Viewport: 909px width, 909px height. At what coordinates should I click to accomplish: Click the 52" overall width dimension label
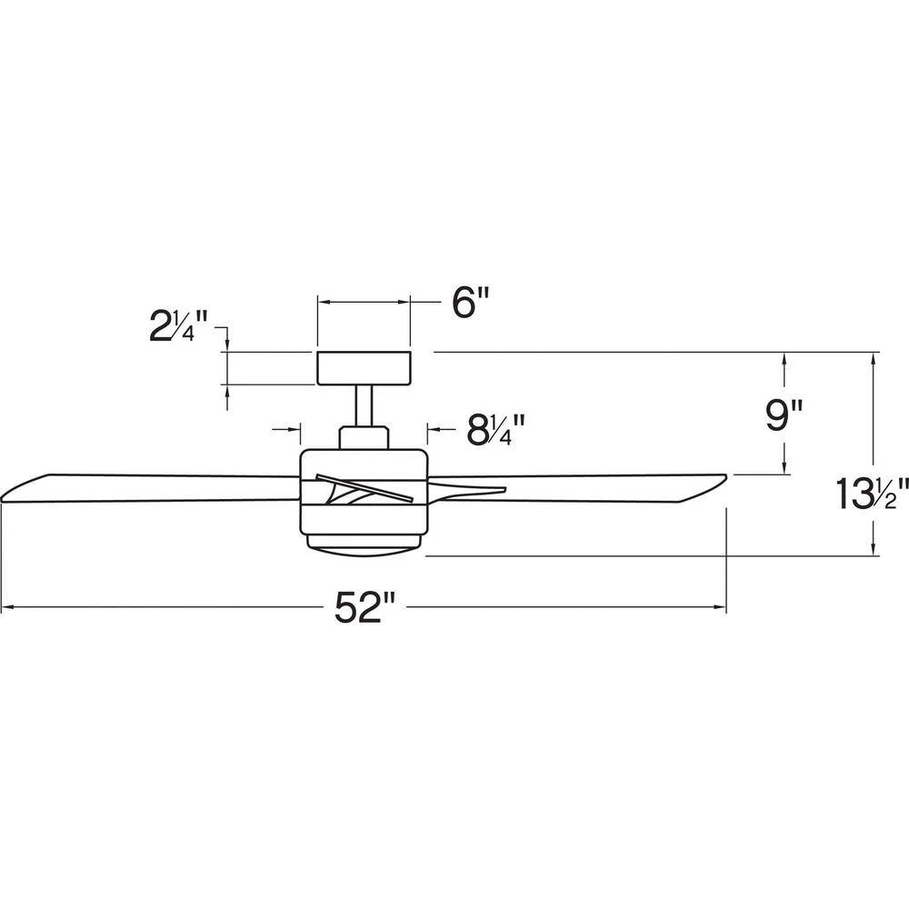point(365,608)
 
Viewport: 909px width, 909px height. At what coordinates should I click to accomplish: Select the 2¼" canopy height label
point(178,325)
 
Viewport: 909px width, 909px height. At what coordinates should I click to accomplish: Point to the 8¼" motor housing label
point(495,430)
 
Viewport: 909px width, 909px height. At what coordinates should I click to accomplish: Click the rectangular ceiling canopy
point(364,367)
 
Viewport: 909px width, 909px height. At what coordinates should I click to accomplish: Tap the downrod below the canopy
point(364,405)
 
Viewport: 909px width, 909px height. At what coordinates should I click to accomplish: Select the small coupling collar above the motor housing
point(364,438)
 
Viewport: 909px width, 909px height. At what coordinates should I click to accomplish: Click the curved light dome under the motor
point(364,545)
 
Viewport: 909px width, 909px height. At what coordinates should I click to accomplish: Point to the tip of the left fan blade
point(2,499)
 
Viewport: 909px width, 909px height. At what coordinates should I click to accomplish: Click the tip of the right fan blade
point(726,477)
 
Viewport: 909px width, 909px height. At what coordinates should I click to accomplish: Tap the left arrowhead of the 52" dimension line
point(8,607)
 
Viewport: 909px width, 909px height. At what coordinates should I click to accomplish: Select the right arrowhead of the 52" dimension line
point(720,607)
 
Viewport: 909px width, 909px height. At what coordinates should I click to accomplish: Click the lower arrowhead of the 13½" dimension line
point(874,548)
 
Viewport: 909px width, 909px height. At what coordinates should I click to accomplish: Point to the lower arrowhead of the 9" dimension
point(784,466)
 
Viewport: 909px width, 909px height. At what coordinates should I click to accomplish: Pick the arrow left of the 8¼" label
point(444,430)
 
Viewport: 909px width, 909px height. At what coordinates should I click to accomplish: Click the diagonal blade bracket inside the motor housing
point(365,486)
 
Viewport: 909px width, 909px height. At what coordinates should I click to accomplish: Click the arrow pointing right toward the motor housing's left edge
point(287,430)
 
